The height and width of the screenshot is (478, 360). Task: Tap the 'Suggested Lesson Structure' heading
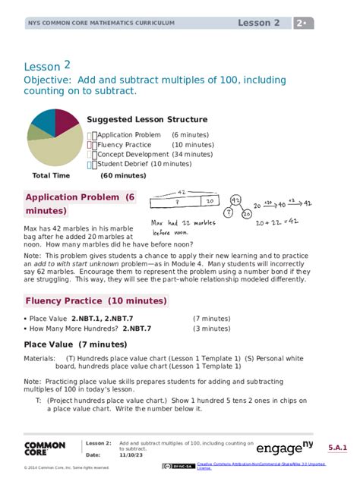pos(147,120)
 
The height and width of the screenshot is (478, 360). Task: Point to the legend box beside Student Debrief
pos(91,164)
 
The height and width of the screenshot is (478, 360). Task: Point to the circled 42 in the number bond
pos(238,200)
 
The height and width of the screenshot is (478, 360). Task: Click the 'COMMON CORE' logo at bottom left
pos(45,450)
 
